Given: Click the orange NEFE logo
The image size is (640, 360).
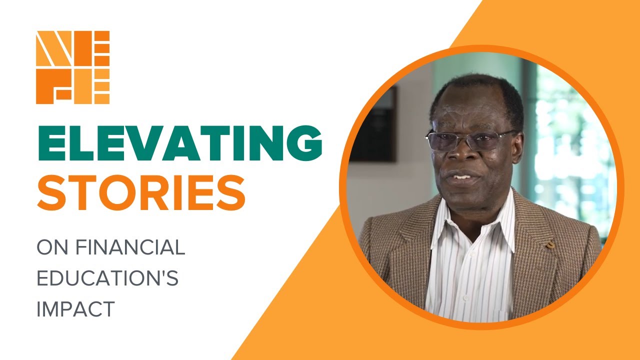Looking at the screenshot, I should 72,67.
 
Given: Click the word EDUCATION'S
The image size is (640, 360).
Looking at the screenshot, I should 107,279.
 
